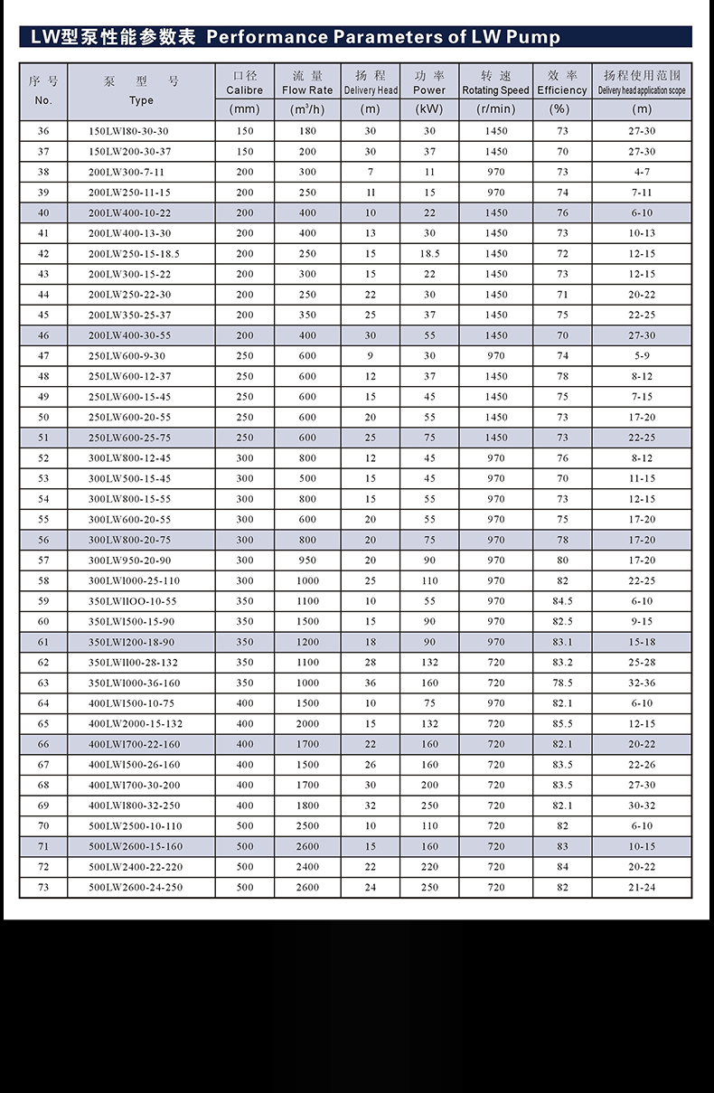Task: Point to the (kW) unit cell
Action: click(429, 109)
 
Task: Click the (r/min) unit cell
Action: click(495, 109)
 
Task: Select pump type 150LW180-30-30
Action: click(129, 131)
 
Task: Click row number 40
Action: click(43, 212)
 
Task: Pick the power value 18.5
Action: click(429, 254)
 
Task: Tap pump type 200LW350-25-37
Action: click(129, 315)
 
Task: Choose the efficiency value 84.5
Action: click(562, 601)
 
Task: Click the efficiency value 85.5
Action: click(562, 724)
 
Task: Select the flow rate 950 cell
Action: click(307, 561)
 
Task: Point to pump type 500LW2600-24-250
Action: click(136, 888)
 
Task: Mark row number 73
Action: click(43, 888)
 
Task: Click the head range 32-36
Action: click(642, 683)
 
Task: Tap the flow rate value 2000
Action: click(307, 724)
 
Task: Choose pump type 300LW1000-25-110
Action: click(134, 581)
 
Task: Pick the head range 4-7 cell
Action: click(642, 172)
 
